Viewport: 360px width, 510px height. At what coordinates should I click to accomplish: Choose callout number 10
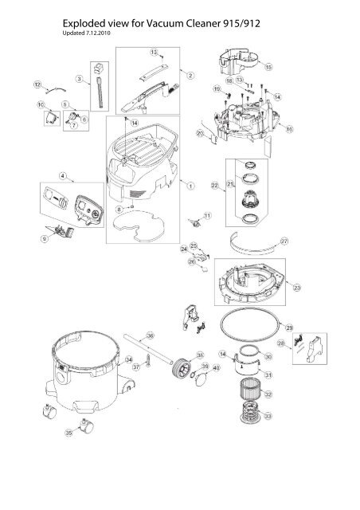[41, 105]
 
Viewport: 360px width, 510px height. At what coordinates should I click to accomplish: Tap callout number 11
[207, 216]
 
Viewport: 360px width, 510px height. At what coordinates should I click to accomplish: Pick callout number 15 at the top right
[268, 67]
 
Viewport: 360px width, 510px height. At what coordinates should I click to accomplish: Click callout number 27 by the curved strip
[285, 240]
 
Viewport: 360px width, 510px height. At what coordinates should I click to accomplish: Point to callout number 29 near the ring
[289, 328]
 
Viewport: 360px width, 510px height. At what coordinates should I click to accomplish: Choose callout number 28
[303, 342]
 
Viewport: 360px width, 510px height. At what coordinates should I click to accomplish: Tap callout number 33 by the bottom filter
[268, 415]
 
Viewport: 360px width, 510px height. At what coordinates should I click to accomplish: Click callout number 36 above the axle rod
[149, 335]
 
